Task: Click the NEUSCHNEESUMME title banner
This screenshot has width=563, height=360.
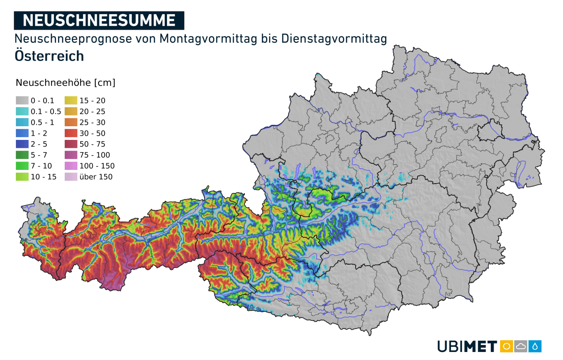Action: (99, 20)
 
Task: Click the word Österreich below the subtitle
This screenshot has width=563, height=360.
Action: (49, 55)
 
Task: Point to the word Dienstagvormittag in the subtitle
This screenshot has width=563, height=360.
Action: (334, 38)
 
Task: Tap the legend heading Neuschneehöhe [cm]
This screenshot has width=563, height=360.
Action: (65, 83)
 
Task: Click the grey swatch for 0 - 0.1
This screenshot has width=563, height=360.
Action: (22, 100)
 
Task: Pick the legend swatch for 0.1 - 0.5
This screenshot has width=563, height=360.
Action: (22, 111)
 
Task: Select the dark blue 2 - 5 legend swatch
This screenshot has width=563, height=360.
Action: (22, 144)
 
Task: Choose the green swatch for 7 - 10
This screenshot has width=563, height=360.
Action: (22, 166)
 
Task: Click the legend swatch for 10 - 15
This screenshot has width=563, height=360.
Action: (22, 177)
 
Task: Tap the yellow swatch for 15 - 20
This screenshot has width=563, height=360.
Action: (71, 100)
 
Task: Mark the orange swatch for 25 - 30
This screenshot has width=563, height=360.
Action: (71, 122)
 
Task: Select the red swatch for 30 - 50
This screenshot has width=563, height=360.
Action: (71, 133)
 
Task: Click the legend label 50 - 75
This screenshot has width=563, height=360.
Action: (92, 144)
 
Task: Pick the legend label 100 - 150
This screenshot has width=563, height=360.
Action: (97, 166)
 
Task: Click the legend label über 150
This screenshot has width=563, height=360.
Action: (96, 177)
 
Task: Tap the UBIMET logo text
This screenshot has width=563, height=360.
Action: (467, 346)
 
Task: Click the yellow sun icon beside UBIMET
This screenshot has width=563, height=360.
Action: (506, 346)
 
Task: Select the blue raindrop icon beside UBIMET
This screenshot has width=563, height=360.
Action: (535, 346)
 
